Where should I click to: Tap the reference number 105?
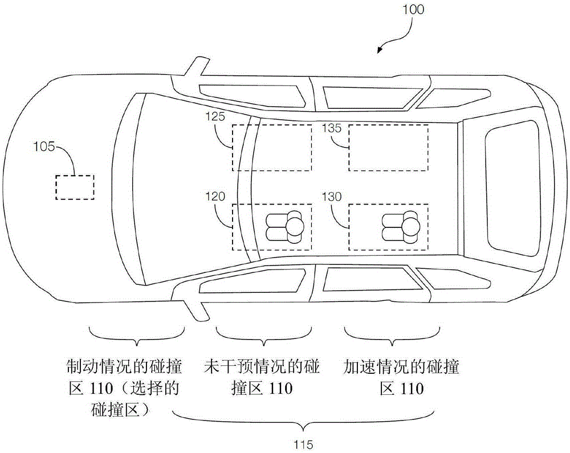(x=44, y=147)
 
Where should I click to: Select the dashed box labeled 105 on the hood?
(x=75, y=187)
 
